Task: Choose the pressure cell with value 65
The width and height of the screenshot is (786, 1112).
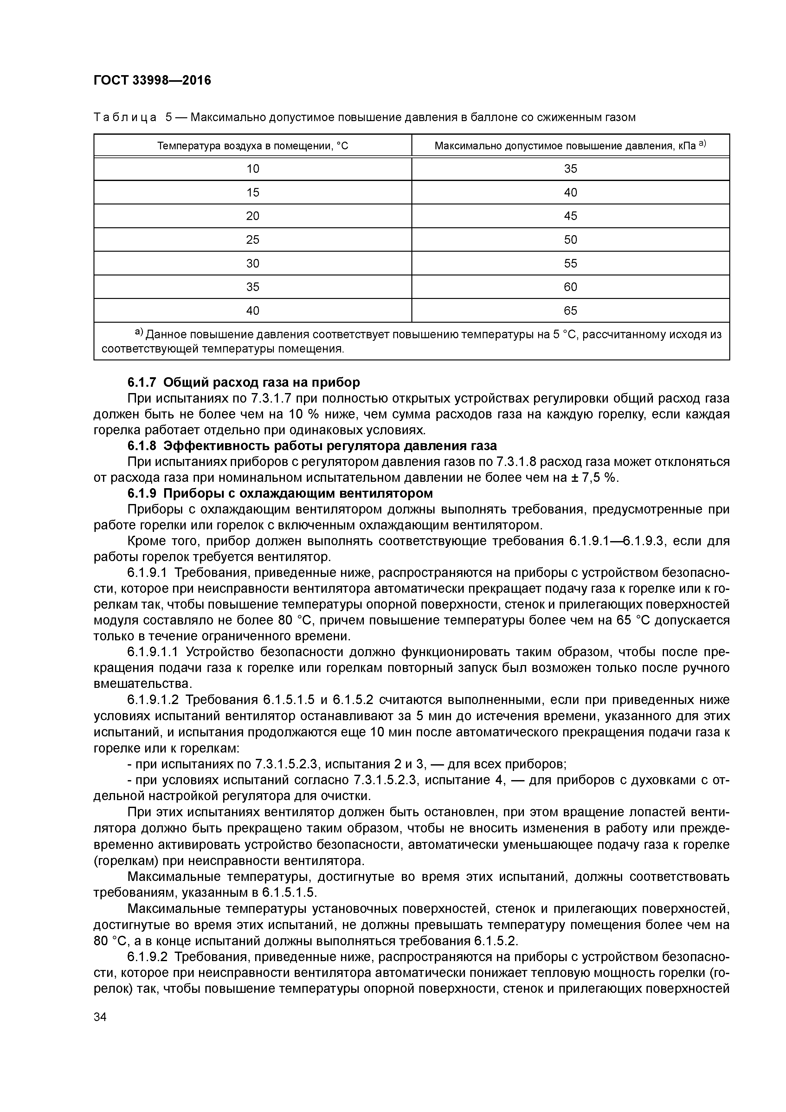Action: pos(570,310)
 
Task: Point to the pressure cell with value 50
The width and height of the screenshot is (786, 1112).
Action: pos(570,240)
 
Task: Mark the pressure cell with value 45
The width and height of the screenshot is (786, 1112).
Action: pos(570,216)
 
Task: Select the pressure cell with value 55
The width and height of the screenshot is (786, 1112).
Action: pos(570,263)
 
